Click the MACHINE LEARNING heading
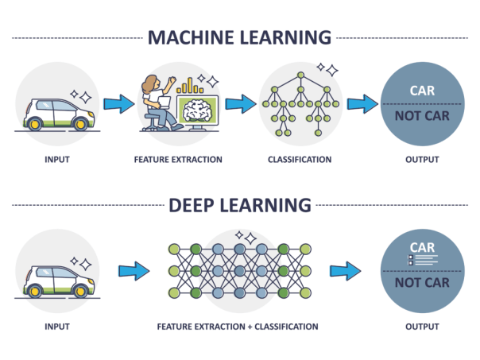pos(239,37)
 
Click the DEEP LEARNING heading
pos(239,205)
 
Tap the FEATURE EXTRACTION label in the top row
pos(178,160)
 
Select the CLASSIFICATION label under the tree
pos(300,160)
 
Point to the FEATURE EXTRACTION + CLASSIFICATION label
pos(238,326)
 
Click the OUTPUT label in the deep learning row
pos(421,326)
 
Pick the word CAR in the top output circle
pos(421,91)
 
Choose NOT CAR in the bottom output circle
pos(421,283)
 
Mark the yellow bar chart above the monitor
pos(189,84)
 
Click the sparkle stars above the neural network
pos(246,236)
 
